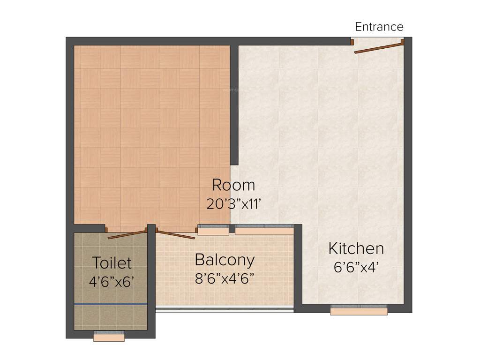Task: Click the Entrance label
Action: tap(379, 27)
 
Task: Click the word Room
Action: tap(233, 185)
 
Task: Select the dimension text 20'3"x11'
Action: tap(233, 204)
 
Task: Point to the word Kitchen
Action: tap(356, 248)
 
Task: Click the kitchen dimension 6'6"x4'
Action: tap(356, 267)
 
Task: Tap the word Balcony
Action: tap(225, 259)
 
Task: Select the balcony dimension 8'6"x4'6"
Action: tap(225, 278)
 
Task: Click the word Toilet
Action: tap(112, 262)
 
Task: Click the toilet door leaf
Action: tap(127, 234)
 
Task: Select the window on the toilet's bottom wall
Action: tap(109, 336)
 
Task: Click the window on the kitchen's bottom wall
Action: tap(359, 310)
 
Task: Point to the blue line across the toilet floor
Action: tap(111, 304)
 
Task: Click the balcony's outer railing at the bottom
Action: tap(225, 309)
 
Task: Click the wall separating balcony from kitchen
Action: tap(298, 267)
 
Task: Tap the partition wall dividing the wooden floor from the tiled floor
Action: tap(234, 105)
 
